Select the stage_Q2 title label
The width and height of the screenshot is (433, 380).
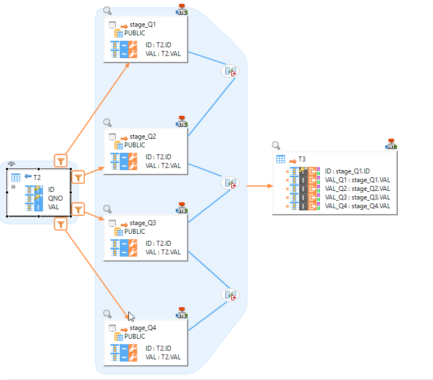(143, 137)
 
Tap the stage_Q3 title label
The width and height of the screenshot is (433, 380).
(143, 223)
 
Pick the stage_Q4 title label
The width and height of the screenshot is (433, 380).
(143, 328)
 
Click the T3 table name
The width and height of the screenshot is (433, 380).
(301, 159)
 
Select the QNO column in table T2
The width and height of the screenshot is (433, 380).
(55, 198)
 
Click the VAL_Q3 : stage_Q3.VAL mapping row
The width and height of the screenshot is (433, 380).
(357, 197)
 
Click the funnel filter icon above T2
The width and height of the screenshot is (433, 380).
(61, 160)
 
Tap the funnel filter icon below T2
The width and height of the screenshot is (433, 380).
(61, 223)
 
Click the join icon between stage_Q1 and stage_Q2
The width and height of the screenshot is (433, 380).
(230, 71)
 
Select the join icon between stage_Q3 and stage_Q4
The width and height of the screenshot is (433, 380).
(230, 295)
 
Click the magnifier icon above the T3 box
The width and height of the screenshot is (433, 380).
(276, 145)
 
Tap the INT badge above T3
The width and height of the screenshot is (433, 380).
(391, 144)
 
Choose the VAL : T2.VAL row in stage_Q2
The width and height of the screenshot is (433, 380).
(163, 166)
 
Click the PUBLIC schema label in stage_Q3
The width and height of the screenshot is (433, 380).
(135, 231)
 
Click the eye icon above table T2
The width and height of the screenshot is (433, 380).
(11, 164)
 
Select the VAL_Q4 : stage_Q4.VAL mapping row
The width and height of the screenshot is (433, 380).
(357, 206)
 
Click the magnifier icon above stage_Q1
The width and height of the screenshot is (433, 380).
(107, 10)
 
